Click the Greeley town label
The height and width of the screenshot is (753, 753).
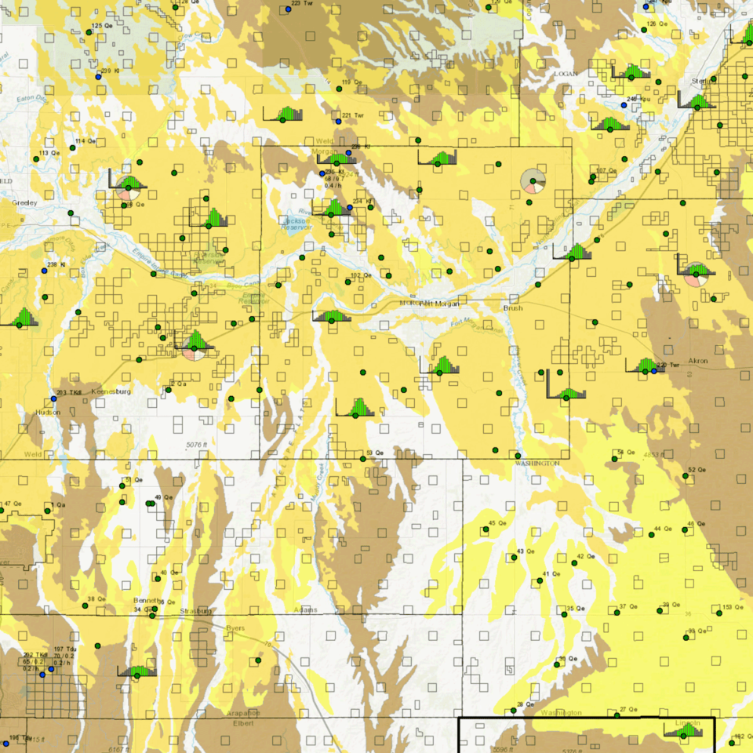click(x=24, y=202)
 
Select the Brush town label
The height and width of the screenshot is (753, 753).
click(x=512, y=309)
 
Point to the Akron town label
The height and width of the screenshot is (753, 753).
click(x=697, y=361)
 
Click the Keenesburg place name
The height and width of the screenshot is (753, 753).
click(x=109, y=391)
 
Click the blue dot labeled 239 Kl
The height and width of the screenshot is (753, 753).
click(x=99, y=77)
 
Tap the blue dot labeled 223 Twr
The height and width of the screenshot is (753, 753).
click(x=286, y=9)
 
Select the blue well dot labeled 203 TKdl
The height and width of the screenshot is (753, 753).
click(x=53, y=398)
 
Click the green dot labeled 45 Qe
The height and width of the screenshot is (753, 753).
click(x=486, y=529)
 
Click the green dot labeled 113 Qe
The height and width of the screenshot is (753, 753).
click(x=36, y=159)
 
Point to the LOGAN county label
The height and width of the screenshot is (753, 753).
click(x=566, y=73)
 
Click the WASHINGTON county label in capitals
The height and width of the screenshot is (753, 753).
click(x=537, y=463)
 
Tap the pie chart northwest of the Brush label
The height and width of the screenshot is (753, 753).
click(x=533, y=181)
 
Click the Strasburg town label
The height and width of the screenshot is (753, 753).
click(x=196, y=610)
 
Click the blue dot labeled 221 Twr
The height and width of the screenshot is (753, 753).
click(x=338, y=122)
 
